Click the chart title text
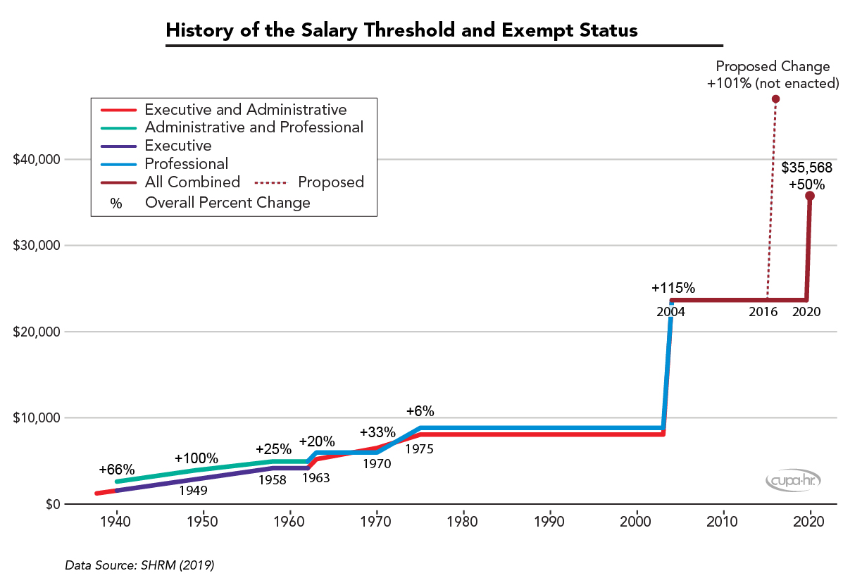[401, 31]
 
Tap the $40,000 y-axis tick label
[35, 160]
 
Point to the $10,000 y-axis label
[35, 418]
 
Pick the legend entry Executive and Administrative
[245, 110]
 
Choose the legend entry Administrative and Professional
[254, 127]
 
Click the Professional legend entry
[187, 164]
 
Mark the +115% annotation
[673, 288]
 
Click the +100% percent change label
[196, 458]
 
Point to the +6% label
[420, 411]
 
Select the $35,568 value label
[807, 168]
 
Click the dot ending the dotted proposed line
[775, 99]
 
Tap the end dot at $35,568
[810, 196]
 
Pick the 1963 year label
[316, 477]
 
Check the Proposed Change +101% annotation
[773, 75]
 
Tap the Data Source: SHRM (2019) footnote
[139, 565]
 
